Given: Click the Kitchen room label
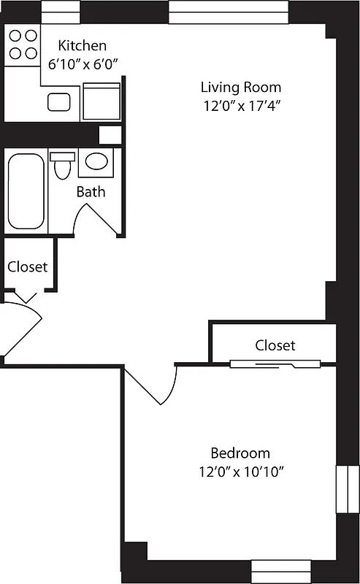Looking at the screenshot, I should [82, 45].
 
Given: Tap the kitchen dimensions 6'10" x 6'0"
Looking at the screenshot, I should [82, 64].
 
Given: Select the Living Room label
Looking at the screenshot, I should [241, 88].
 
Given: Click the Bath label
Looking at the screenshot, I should [91, 192].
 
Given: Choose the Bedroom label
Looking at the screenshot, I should [240, 453].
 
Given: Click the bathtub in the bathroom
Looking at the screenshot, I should [26, 191].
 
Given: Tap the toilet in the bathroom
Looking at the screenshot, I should [63, 165].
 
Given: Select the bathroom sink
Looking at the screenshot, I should [95, 161].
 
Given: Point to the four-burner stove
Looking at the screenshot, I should [22, 44].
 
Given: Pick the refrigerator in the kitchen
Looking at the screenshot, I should [101, 101].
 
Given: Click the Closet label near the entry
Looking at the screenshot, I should [28, 266].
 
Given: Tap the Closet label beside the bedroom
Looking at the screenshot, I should [275, 345].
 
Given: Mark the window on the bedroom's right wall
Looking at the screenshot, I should [342, 490].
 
